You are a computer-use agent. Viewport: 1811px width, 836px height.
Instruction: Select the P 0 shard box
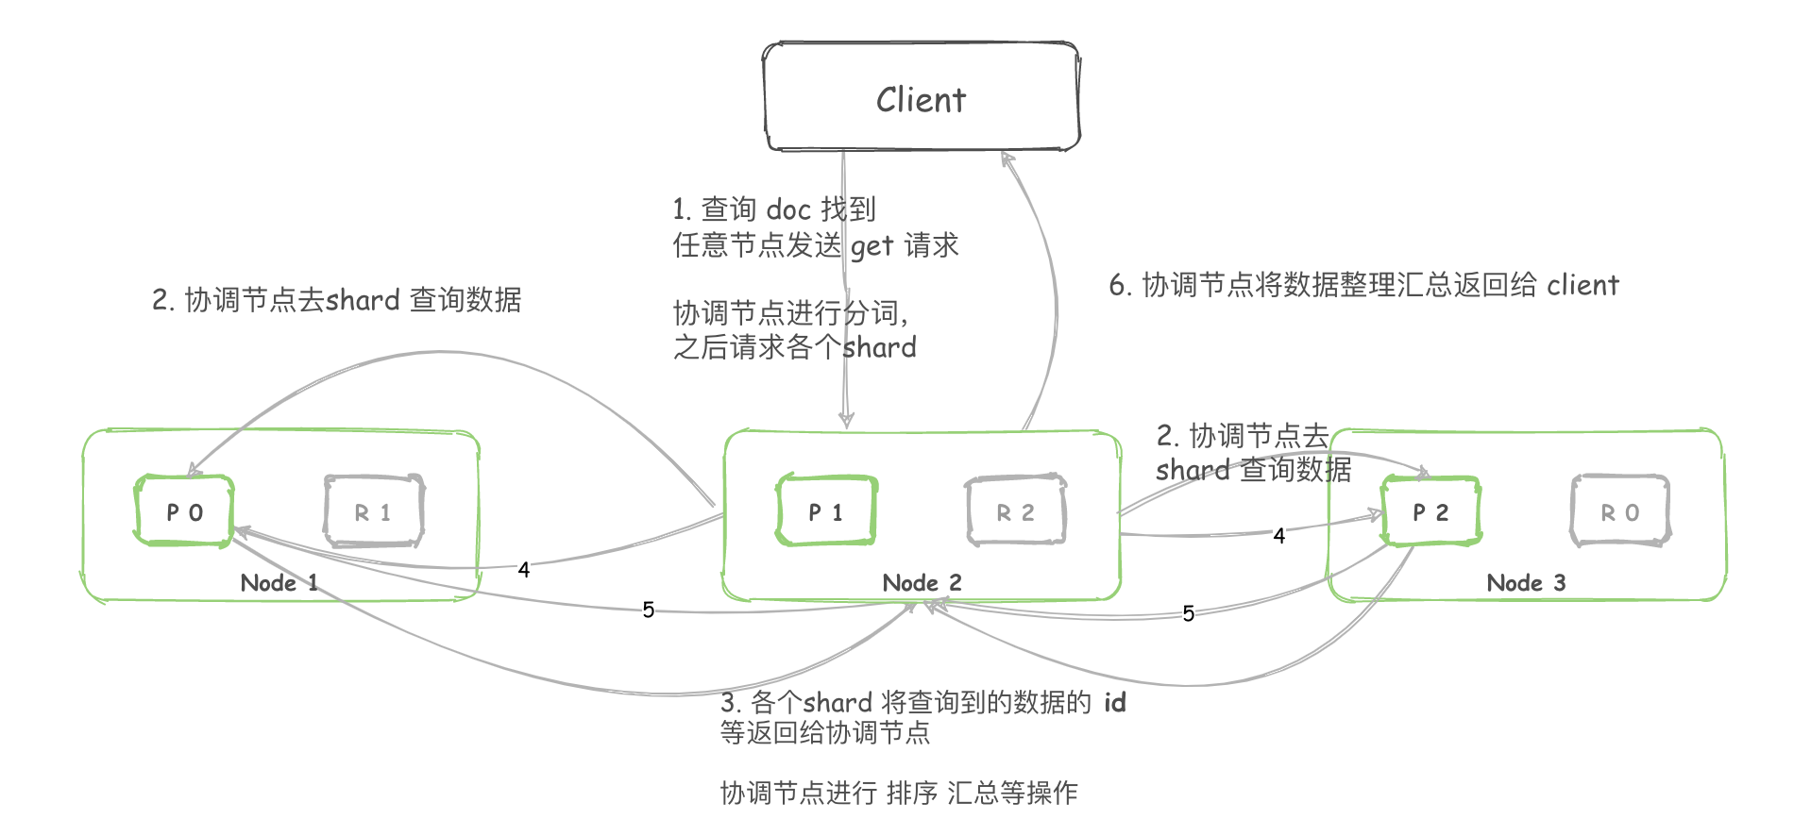pos(184,511)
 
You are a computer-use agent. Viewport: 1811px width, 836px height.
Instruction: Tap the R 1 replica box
pos(373,511)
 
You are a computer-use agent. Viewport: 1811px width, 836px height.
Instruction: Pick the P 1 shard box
pos(826,511)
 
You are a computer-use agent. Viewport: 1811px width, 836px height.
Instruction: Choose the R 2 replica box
pos(1016,511)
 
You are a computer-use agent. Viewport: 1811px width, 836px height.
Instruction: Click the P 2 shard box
pos(1430,511)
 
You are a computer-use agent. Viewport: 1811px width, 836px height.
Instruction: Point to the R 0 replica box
pos(1620,511)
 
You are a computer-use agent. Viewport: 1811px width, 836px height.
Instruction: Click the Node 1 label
pos(279,582)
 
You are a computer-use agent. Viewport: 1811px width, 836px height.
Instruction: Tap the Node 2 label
pos(922,582)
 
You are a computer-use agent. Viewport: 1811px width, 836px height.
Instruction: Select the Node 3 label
pos(1526,582)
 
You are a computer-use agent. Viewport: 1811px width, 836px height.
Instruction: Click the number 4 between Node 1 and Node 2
pos(524,569)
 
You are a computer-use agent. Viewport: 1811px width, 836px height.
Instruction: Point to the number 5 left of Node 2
pos(648,610)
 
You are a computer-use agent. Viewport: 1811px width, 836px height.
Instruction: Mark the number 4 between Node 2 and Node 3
pos(1278,536)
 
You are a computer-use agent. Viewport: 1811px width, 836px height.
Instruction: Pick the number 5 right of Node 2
pos(1188,613)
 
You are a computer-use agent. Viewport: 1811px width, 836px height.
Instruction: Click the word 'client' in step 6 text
pos(1583,285)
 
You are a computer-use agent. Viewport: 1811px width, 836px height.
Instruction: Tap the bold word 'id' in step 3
pos(1115,702)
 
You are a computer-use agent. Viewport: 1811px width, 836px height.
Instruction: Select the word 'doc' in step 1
pos(788,209)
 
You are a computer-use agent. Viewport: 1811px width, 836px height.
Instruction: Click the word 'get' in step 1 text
pos(872,246)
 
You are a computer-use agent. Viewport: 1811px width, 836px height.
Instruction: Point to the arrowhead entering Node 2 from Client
pos(846,420)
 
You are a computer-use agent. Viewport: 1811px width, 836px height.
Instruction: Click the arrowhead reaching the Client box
pos(1007,159)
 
